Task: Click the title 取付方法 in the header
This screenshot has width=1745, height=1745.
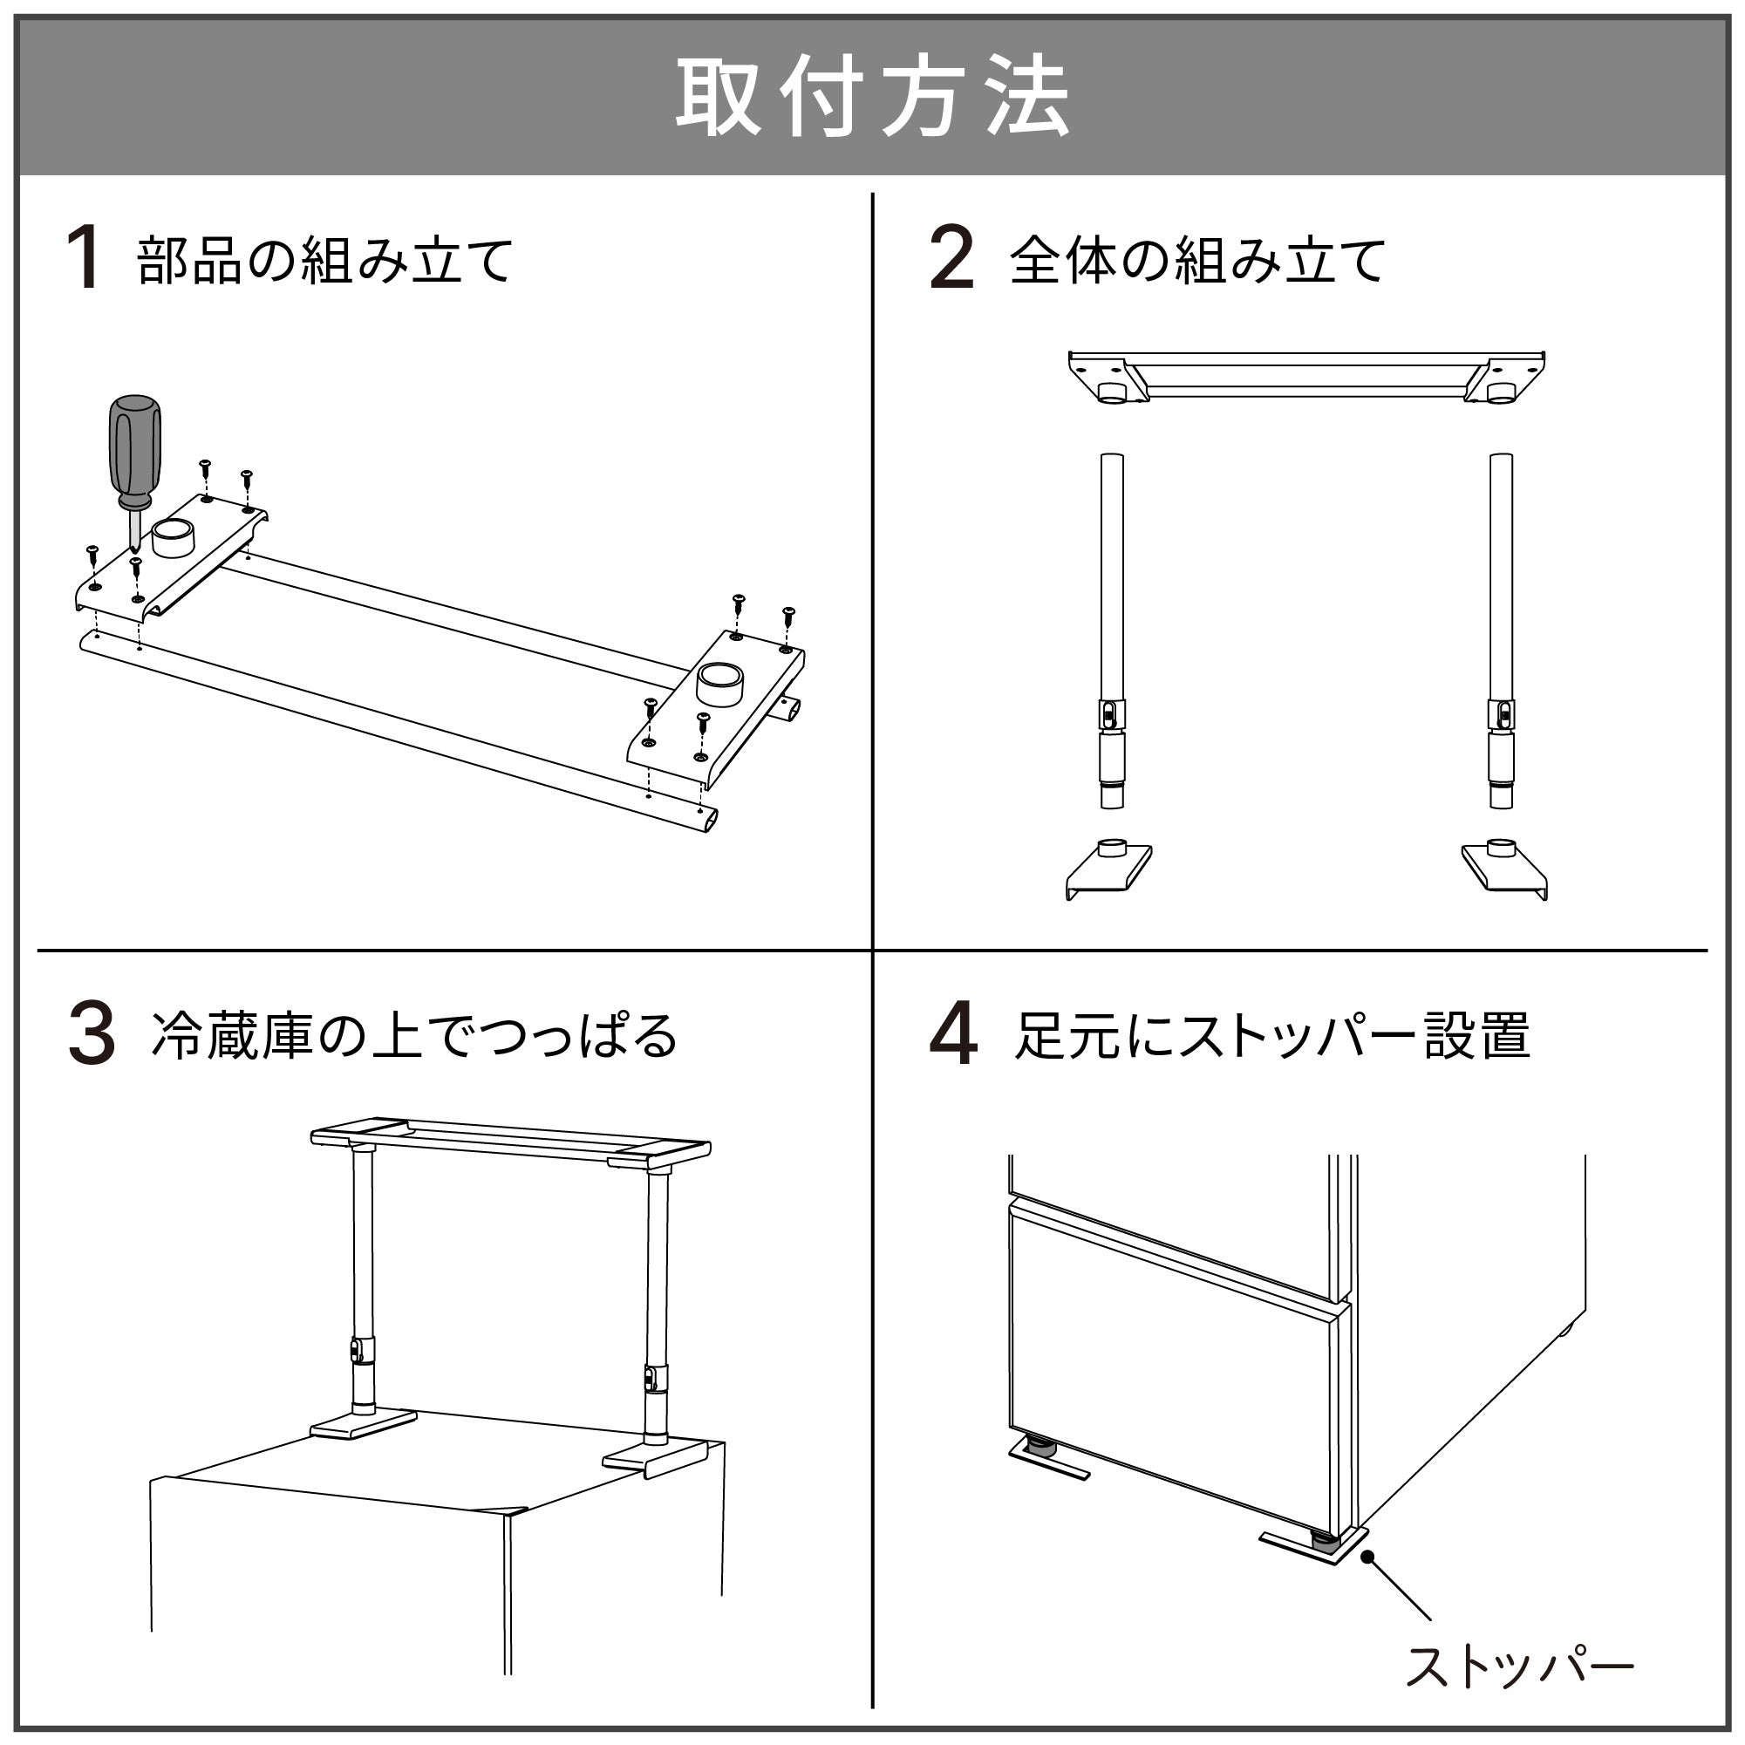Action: [872, 97]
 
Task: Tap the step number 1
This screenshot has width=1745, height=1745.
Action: [84, 258]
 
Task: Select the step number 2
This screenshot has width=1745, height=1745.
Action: [952, 258]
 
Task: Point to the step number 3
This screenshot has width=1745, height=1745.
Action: [92, 1035]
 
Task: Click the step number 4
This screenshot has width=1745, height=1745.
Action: [953, 1035]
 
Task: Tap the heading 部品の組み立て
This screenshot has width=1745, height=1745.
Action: [325, 261]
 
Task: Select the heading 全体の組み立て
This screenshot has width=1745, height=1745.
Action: [1196, 261]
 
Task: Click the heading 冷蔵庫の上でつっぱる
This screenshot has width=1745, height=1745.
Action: [414, 1037]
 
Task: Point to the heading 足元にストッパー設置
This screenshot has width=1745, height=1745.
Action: [1272, 1037]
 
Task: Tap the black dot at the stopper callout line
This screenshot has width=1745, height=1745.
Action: [1367, 1557]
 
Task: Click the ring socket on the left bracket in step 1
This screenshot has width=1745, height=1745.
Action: [174, 539]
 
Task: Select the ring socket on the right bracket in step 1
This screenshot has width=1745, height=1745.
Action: [719, 684]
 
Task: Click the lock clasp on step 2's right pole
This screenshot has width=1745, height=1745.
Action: [1501, 715]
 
